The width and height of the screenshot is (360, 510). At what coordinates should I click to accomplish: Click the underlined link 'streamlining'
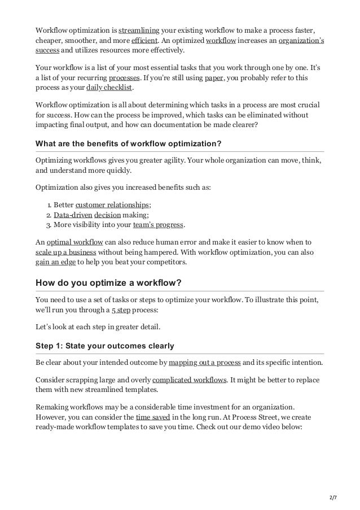[139, 30]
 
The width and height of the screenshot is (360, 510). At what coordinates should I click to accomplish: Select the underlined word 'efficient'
[144, 41]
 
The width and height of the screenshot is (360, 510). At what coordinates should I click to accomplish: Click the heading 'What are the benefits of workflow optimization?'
[128, 143]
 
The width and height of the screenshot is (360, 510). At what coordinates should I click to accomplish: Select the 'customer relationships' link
[112, 204]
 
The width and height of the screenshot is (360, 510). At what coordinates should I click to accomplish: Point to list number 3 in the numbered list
[48, 225]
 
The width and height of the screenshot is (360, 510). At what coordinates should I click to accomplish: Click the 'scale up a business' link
[65, 252]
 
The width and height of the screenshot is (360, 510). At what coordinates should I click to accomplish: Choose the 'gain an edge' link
[55, 262]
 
